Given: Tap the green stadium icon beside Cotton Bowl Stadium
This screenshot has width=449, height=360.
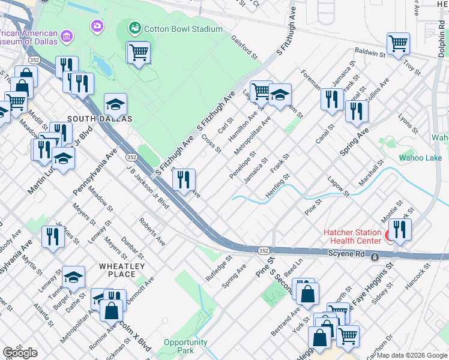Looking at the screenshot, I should tap(134, 27).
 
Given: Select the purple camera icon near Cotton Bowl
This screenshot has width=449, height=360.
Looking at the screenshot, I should tap(97, 26).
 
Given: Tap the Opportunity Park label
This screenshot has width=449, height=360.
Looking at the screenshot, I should tap(185, 346).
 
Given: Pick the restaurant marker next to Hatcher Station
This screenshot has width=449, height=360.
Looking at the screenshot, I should tap(399, 229).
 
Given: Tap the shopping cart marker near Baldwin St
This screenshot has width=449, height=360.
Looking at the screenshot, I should tap(398, 44).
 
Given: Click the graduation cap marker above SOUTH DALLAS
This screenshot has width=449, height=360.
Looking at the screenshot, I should tap(115, 105).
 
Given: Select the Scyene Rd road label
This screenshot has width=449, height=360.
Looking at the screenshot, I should tap(346, 254).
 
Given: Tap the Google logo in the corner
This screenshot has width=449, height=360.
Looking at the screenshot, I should tap(19, 353).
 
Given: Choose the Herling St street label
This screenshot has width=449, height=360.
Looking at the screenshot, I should tap(279, 186).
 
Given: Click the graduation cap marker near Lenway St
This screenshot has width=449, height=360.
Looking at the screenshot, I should tap(73, 277).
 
